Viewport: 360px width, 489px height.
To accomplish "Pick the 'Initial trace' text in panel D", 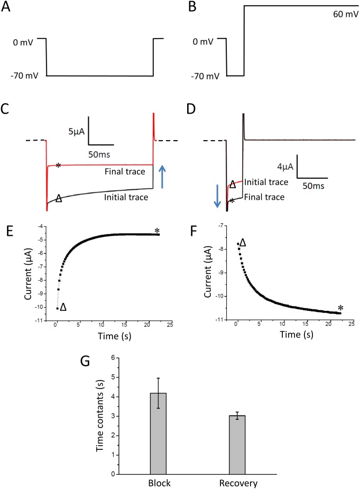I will point(260,183).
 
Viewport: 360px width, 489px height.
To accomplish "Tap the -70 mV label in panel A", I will point(23,76).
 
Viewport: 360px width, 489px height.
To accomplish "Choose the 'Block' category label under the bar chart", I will point(158,483).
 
